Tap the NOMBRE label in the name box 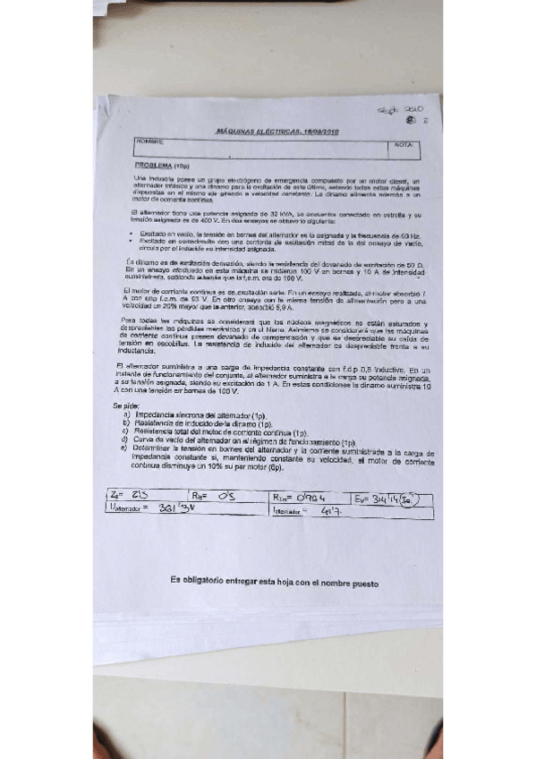[149, 142]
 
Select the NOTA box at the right [402, 144]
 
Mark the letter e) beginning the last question [126, 448]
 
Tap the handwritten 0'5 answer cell [229, 499]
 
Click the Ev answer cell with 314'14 [394, 499]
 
